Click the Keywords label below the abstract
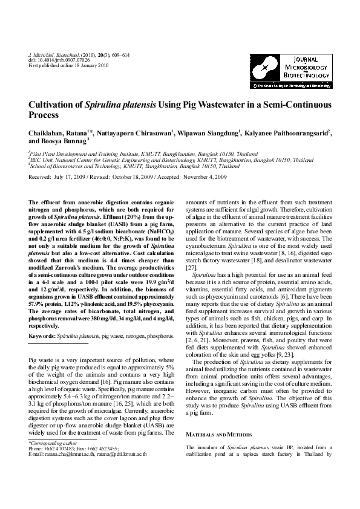click(42, 335)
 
